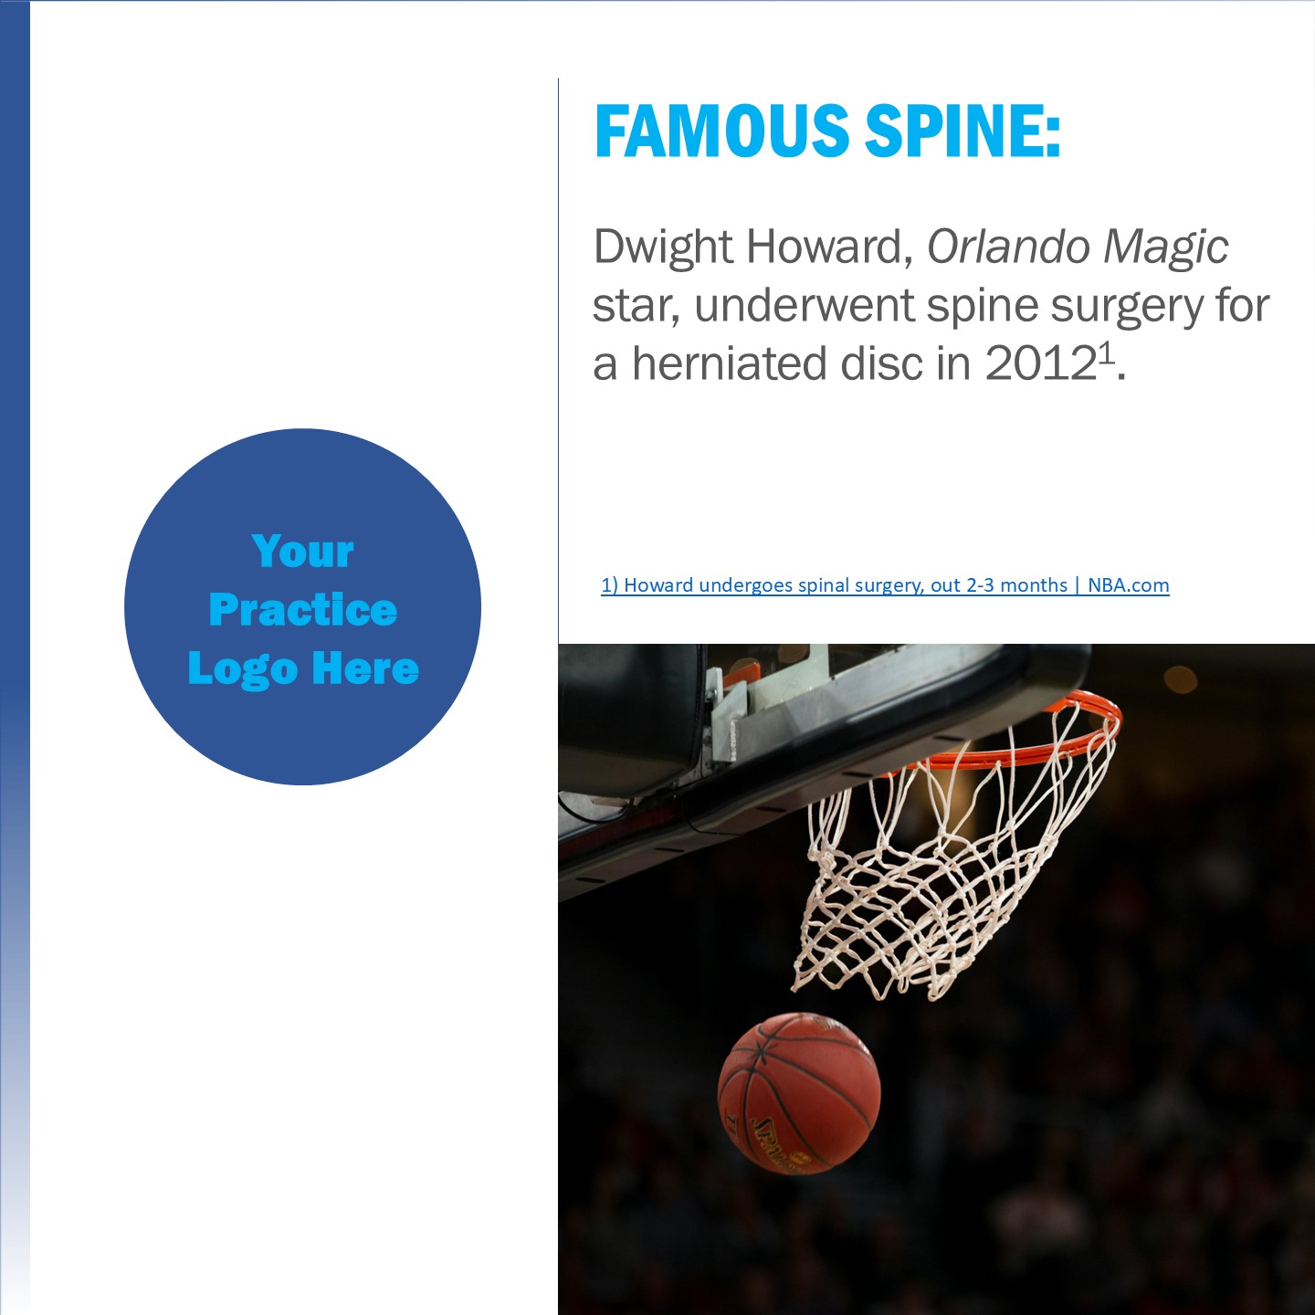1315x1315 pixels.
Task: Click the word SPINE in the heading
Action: tap(963, 131)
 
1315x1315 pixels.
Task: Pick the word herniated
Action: tap(730, 363)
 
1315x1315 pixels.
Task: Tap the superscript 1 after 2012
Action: tap(1106, 352)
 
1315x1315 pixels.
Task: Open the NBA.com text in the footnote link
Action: tap(1128, 585)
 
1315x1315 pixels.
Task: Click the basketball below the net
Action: tap(799, 1094)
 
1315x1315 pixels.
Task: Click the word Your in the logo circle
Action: tap(303, 552)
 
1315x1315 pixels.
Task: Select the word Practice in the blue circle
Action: tap(303, 609)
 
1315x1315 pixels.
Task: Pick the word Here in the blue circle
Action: tap(366, 668)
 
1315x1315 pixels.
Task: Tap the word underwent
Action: tap(804, 305)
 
